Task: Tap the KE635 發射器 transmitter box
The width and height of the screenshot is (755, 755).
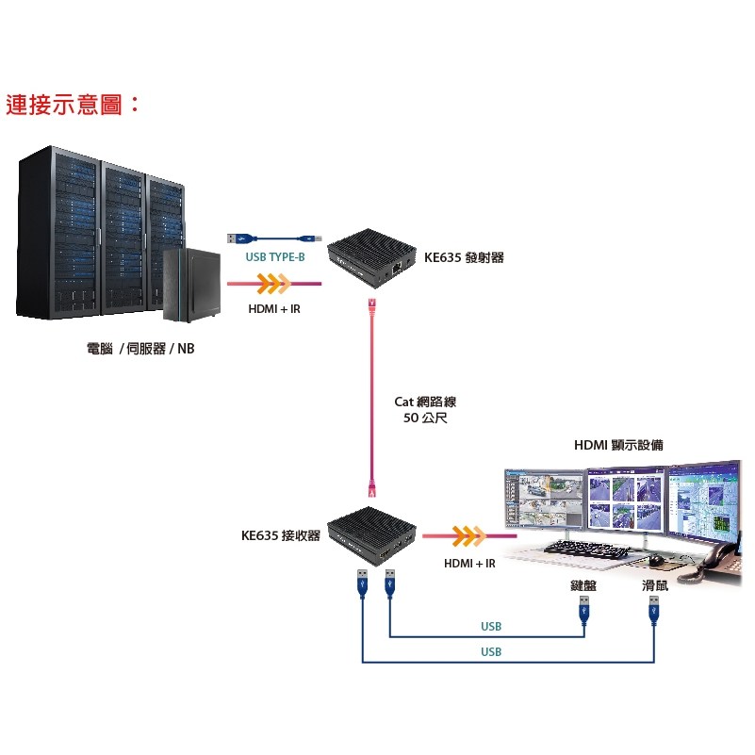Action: (371, 258)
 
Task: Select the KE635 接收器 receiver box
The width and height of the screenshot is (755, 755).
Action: (371, 536)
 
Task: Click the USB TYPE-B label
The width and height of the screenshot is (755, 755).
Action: (275, 257)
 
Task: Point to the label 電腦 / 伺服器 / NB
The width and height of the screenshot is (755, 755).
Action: (140, 348)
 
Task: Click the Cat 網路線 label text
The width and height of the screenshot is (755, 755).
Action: (425, 402)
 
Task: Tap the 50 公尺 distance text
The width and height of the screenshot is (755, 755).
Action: (425, 418)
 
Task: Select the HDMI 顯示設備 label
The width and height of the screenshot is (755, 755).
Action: (618, 445)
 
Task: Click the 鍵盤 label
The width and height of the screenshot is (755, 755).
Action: (583, 585)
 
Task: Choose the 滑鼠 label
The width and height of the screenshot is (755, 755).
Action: (655, 585)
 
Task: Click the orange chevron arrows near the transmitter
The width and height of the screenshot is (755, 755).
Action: (273, 284)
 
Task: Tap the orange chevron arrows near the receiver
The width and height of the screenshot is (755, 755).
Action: (468, 536)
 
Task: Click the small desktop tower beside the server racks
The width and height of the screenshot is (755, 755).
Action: (191, 285)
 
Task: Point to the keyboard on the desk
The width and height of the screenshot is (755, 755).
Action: (586, 549)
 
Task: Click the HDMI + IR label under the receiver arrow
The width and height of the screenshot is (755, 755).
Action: (469, 563)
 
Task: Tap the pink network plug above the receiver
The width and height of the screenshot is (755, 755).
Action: (371, 486)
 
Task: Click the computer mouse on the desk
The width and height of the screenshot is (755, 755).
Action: (655, 560)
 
